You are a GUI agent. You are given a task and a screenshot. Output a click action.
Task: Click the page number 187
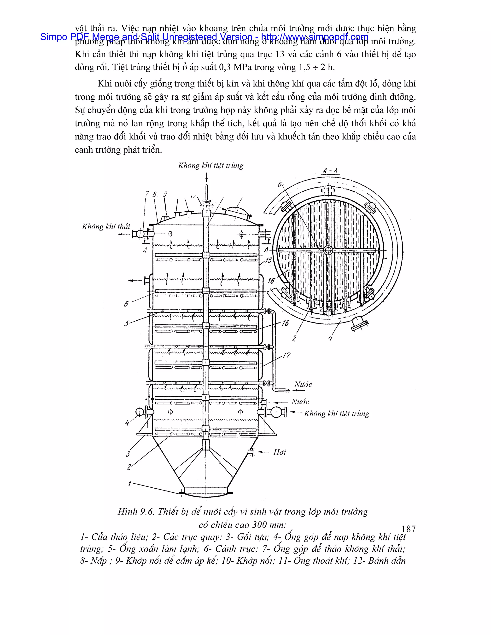click(408, 529)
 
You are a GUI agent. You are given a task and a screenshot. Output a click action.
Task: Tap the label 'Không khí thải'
click(106, 226)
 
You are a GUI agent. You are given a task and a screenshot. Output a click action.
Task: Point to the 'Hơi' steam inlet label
click(280, 452)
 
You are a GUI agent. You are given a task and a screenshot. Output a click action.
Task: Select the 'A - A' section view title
click(330, 171)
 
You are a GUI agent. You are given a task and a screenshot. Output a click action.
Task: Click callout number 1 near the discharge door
click(130, 484)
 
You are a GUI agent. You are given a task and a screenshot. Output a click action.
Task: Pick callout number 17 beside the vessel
click(286, 355)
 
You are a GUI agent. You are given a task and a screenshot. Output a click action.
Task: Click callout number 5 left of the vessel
click(127, 323)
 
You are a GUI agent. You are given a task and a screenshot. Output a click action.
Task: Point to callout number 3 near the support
click(128, 454)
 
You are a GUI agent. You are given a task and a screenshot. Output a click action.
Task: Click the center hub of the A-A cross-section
click(328, 250)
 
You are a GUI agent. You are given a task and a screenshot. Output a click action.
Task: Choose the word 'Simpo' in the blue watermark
click(53, 37)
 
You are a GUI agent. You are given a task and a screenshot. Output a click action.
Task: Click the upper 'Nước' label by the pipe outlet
click(303, 384)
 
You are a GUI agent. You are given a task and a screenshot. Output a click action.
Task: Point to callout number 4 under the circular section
click(330, 338)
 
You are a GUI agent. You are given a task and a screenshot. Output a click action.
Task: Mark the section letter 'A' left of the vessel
click(145, 250)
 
